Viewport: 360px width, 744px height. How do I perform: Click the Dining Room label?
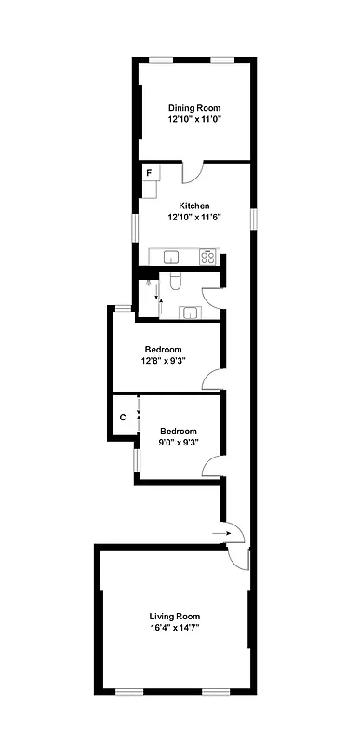[x=194, y=107]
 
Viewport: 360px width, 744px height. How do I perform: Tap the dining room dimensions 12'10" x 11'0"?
[x=194, y=120]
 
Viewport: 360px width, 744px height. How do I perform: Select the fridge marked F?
[x=149, y=172]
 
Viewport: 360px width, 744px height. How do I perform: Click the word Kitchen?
[x=194, y=206]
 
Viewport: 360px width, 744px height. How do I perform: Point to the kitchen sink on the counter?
[x=171, y=256]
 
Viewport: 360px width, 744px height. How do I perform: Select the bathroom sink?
[x=191, y=312]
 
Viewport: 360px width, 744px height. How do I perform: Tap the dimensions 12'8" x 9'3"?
[x=165, y=362]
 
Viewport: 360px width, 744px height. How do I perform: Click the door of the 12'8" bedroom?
[x=213, y=379]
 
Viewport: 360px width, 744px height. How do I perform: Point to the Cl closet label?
[x=123, y=417]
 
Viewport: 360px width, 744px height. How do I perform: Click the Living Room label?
[x=174, y=616]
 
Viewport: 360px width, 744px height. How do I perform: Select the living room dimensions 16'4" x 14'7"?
[x=174, y=629]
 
